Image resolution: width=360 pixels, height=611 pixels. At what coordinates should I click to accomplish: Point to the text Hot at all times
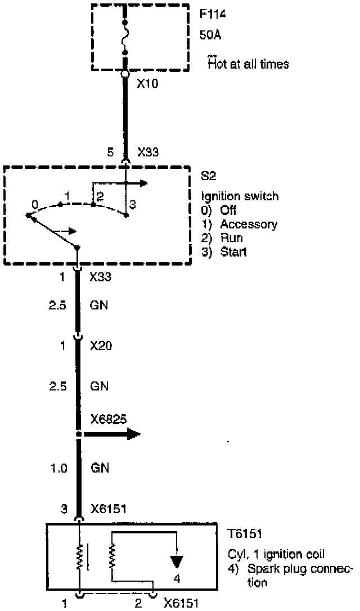248,64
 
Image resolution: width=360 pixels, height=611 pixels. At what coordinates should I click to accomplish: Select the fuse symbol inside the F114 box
124,36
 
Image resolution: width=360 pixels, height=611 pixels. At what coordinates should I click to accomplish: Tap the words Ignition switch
240,196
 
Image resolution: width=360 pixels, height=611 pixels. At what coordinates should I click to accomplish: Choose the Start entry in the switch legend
233,251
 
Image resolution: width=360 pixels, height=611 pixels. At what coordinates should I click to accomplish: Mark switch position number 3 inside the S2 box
133,204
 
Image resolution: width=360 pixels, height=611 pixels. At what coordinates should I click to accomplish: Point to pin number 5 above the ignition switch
111,151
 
